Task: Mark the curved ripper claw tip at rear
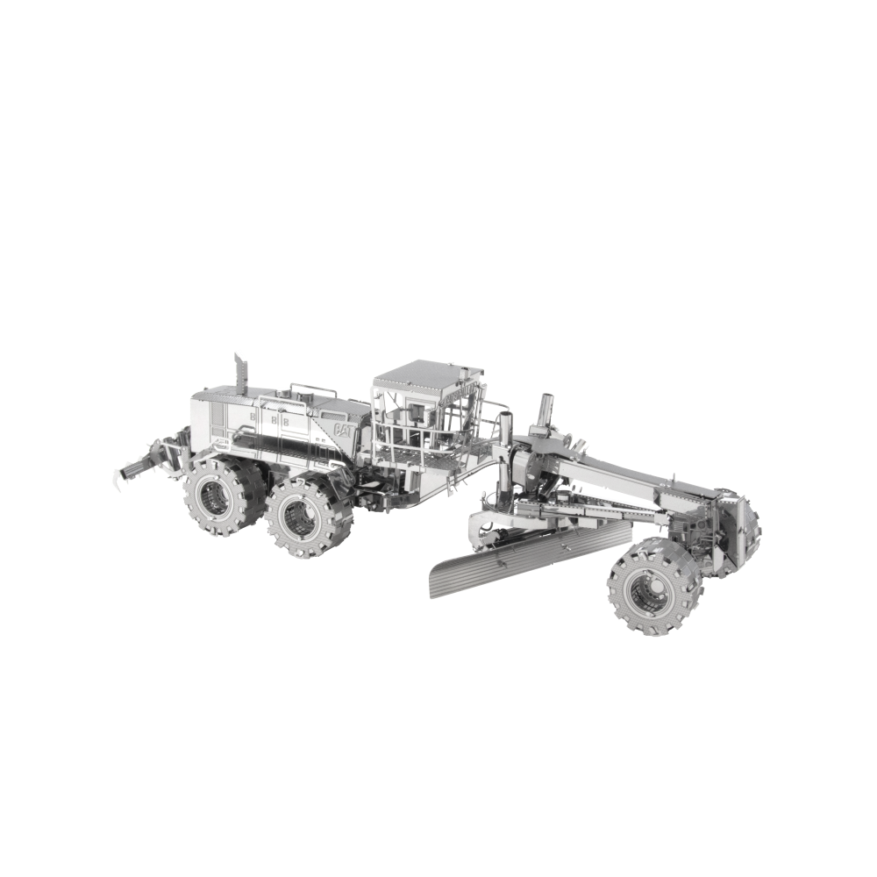coord(117,480)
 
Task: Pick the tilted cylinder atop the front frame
coord(544,411)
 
